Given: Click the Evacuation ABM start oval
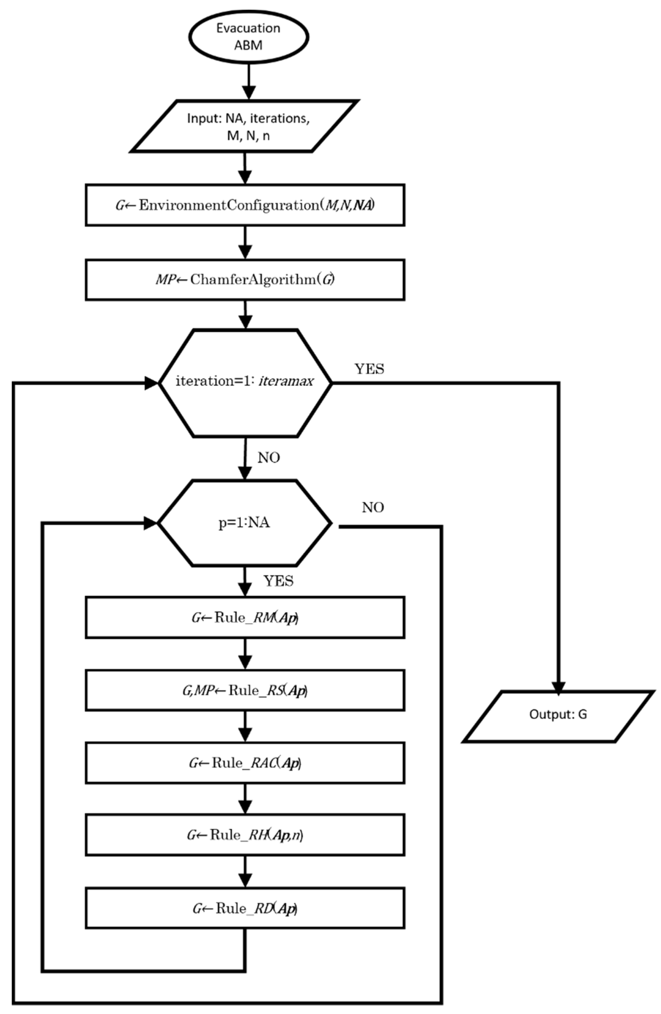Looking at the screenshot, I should tap(248, 37).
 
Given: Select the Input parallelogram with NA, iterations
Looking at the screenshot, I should tap(245, 126).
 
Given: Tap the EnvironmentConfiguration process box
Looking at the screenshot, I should tap(245, 205).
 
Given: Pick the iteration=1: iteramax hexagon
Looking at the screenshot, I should tap(245, 382).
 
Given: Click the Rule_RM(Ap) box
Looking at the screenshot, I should tap(245, 617).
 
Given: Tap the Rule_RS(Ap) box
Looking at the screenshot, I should tap(245, 690).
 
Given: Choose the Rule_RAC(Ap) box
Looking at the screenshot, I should tap(245, 763).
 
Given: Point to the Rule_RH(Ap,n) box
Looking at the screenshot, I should tap(245, 835).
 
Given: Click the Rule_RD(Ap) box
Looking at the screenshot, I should tap(245, 907).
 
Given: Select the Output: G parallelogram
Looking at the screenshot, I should tap(558, 714).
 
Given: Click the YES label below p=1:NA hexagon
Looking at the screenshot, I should tap(278, 581).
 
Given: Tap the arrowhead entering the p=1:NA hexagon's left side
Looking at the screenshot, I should tap(151, 523).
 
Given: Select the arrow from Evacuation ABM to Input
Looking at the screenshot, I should tap(249, 81).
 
